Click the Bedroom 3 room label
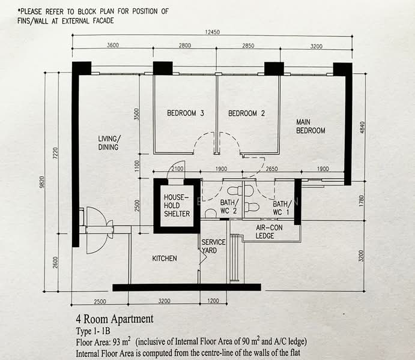(x=185, y=113)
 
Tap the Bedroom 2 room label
(x=246, y=113)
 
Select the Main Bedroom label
(x=310, y=127)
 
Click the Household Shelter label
(x=177, y=205)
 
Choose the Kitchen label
(x=165, y=258)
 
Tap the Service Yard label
(x=213, y=246)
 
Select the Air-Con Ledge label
(x=269, y=232)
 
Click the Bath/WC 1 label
(x=282, y=208)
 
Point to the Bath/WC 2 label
(x=229, y=206)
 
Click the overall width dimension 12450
(x=212, y=32)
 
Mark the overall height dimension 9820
(x=41, y=182)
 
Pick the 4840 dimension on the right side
(x=362, y=127)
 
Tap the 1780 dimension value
(x=362, y=201)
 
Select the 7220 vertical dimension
(x=55, y=153)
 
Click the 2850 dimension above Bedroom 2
(x=248, y=46)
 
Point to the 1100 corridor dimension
(x=136, y=166)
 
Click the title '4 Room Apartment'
(x=115, y=319)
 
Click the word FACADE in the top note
(x=103, y=21)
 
